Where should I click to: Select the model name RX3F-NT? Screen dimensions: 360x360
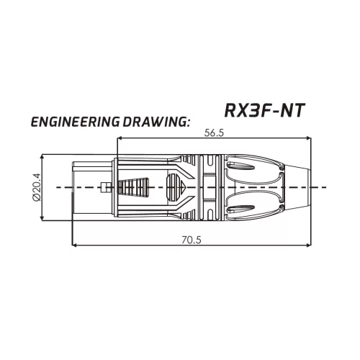pos(263,110)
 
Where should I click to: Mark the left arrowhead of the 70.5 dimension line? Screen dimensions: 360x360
pos(76,245)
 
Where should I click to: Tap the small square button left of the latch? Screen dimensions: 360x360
pos(106,188)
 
